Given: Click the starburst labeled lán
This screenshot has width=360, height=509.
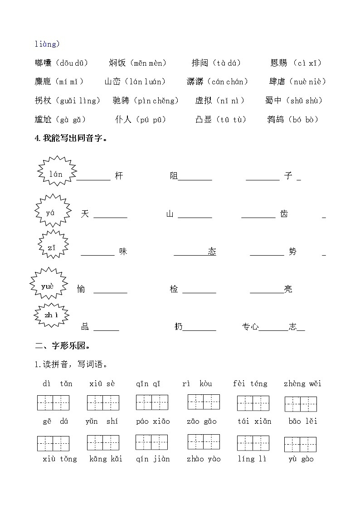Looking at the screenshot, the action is pos(56,174).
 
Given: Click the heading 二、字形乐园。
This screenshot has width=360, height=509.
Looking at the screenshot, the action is pos(63,346).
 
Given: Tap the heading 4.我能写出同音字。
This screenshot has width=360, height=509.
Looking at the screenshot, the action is pos(72,139).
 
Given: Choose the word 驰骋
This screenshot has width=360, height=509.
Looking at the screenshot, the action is pos(121,101).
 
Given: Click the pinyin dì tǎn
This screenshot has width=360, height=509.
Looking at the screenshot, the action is pos(58,384).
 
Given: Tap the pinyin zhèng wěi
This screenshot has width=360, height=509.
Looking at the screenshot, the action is pos(302,384).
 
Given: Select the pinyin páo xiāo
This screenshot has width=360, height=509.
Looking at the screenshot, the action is pos(153,422).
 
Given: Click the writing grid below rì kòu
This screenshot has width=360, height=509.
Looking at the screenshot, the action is pos(204,402).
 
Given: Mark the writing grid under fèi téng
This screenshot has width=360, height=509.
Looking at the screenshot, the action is pos(253,403).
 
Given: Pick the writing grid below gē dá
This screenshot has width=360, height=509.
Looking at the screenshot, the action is pos(53,443).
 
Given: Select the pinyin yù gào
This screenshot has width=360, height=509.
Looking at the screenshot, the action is pos(301,459).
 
